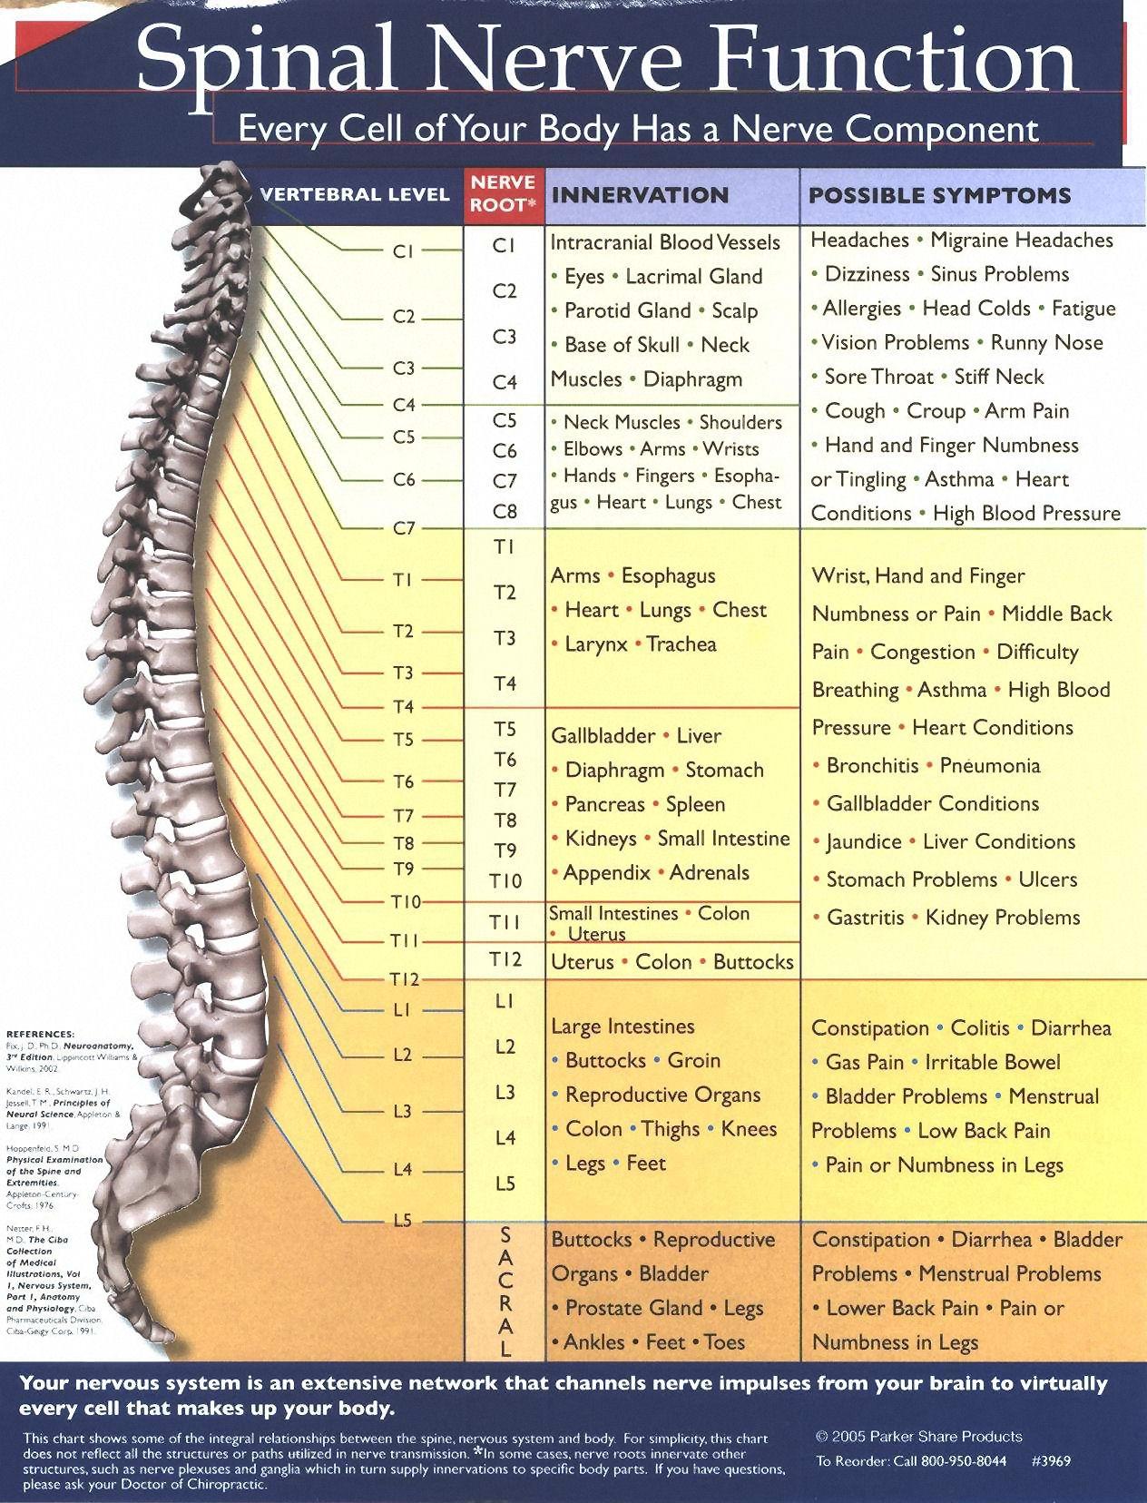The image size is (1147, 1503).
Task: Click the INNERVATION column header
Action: coord(640,195)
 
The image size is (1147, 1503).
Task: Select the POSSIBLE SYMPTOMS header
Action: coord(939,195)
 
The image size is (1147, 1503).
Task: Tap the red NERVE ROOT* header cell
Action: coord(504,194)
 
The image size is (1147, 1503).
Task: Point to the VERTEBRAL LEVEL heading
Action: coord(354,194)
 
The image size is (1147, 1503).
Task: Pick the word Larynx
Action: coord(596,644)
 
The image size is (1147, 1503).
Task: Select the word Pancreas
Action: coord(604,804)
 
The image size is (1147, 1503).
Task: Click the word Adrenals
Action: coord(710,873)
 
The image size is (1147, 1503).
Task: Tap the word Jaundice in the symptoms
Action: coord(864,842)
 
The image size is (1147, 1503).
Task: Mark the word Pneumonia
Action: coord(990,766)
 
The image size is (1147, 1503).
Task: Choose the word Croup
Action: coord(936,411)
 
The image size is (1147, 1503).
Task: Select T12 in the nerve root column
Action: coord(505,959)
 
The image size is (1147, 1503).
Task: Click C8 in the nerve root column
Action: coord(505,511)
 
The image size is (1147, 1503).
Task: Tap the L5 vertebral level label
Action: coord(403,1221)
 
